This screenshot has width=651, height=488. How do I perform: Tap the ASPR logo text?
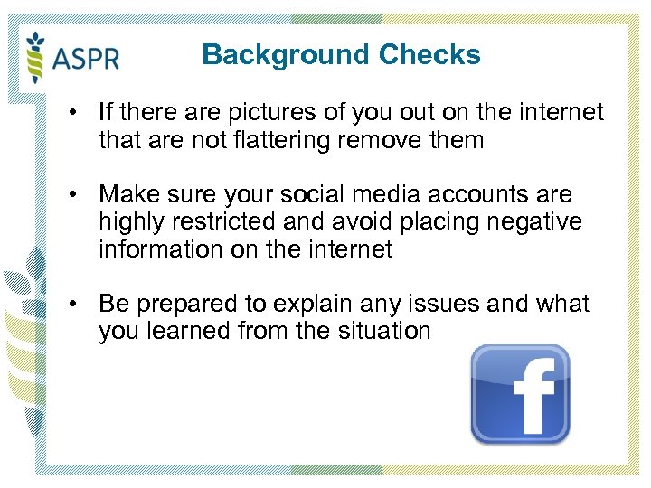[x=86, y=60]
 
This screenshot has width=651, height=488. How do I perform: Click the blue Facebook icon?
[x=520, y=394]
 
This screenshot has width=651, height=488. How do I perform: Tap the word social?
[x=310, y=195]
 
